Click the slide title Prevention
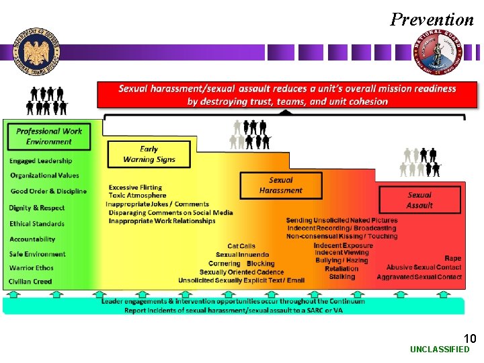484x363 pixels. coord(432,19)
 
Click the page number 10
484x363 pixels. coord(470,338)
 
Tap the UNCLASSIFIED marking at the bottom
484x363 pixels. coord(440,350)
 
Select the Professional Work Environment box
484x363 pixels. coord(49,136)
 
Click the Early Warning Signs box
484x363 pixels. coord(149,154)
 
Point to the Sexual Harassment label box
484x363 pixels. coord(281,185)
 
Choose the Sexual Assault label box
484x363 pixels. coord(420,200)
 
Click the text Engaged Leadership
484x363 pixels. coord(41,161)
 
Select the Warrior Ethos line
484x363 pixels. coord(32,268)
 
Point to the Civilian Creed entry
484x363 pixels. coord(31,282)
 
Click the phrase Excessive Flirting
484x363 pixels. coord(135,188)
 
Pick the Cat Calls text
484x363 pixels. coord(241,246)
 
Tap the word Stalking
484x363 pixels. coord(341,276)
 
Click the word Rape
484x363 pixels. coord(452,258)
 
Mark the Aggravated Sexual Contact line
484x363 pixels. coord(419,277)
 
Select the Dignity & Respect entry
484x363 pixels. coord(37,208)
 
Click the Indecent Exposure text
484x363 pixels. coord(343,245)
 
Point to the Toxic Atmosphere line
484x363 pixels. coord(137,196)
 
